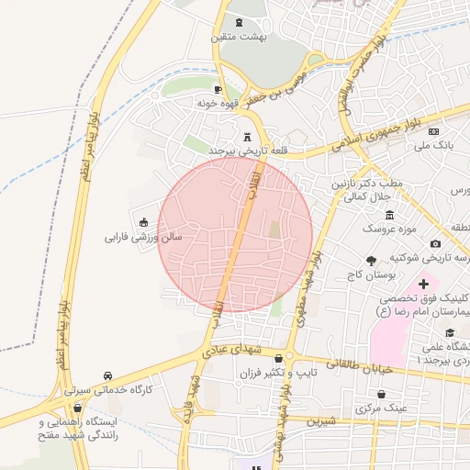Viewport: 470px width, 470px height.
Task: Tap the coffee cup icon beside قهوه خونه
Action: [218, 89]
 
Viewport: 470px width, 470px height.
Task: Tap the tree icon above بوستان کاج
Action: [371, 262]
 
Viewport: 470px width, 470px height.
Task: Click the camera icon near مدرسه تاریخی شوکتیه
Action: [435, 244]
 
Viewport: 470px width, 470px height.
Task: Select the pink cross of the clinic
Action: [423, 285]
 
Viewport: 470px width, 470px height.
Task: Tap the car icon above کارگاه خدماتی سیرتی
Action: [109, 376]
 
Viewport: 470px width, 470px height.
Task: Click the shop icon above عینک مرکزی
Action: [381, 394]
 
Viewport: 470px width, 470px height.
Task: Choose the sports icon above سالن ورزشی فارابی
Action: [144, 221]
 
